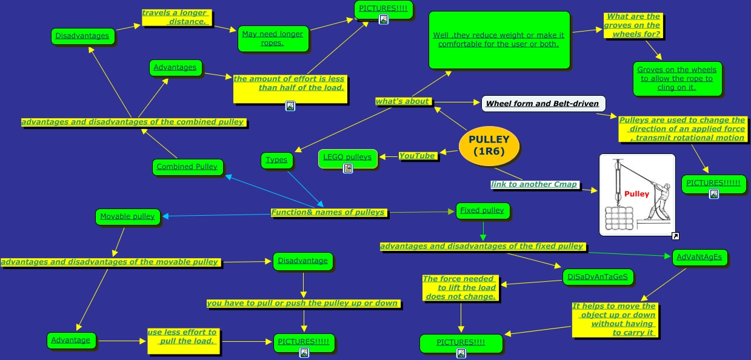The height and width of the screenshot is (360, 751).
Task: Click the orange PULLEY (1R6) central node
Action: point(489,145)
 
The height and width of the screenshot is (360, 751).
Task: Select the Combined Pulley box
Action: point(187,167)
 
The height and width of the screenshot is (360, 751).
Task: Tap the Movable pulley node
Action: point(127,216)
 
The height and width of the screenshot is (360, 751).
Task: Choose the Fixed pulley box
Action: point(482,211)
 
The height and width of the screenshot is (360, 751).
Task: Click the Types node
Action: point(276,160)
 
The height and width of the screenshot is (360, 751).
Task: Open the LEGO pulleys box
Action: point(347,158)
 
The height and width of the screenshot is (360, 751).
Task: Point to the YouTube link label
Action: point(417,156)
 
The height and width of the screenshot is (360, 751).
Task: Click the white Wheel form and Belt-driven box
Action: point(542,104)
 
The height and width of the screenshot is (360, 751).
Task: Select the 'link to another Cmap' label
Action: point(534,184)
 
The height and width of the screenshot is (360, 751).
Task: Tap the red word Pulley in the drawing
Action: point(636,194)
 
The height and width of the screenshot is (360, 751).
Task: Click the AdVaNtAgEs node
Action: point(699,257)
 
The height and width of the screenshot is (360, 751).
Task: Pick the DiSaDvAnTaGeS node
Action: point(598,277)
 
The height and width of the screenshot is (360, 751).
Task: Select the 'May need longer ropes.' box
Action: point(273,38)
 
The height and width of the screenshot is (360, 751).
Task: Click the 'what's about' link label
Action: point(402,101)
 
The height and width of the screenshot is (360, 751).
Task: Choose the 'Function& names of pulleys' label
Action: point(328,212)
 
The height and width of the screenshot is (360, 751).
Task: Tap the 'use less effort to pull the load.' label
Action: point(182,336)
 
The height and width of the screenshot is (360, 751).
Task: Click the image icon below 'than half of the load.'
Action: point(290,106)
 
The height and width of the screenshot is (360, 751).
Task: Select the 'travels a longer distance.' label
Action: point(176,17)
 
